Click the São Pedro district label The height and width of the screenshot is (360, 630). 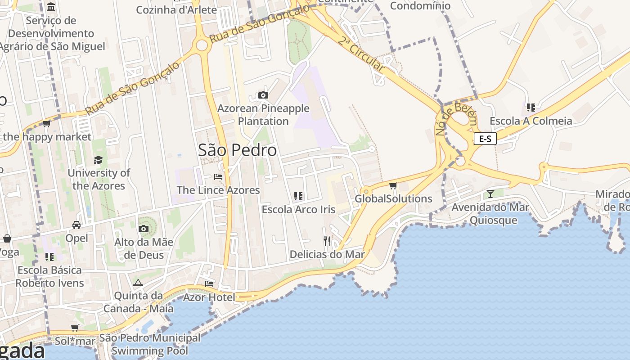tap(237, 150)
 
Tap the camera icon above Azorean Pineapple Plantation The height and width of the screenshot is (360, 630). tap(263, 95)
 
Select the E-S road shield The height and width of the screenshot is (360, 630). tap(485, 139)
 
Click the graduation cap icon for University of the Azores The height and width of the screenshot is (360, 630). tap(98, 160)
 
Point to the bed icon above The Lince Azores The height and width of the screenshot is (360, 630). tap(218, 177)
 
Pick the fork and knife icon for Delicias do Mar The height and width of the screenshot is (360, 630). tap(327, 241)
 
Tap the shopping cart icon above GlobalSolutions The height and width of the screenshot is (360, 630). tap(393, 185)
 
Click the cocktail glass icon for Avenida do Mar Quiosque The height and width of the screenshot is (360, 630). tap(490, 194)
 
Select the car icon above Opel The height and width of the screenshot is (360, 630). tap(76, 225)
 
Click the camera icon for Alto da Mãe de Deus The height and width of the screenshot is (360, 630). tap(144, 229)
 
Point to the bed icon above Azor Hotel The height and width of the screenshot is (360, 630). tap(209, 284)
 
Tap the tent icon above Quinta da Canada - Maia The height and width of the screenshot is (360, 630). tap(138, 283)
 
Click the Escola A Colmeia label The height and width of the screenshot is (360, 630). tap(531, 121)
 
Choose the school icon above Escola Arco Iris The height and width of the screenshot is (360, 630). tap(298, 196)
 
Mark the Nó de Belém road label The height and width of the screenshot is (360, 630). tap(455, 119)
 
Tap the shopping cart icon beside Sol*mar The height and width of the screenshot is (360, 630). tap(75, 328)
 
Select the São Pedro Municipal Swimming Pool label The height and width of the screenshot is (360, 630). tap(150, 344)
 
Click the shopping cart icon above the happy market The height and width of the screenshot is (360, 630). tap(46, 123)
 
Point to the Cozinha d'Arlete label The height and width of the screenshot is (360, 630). tap(176, 9)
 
